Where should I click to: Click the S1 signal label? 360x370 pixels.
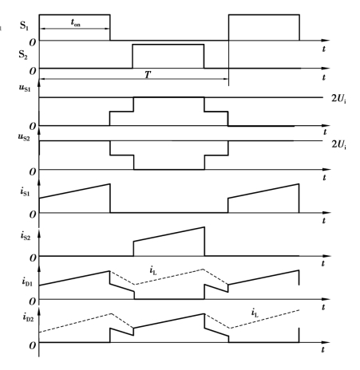point(24,26)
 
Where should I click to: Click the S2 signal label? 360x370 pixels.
point(23,55)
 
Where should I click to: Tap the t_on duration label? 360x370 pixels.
point(75,23)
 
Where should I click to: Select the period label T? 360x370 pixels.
point(148,75)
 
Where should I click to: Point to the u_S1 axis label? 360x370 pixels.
point(25,88)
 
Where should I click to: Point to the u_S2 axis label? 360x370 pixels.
point(24,137)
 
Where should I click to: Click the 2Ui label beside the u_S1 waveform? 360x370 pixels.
point(338,99)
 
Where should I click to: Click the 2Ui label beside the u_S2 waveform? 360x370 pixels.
point(338,144)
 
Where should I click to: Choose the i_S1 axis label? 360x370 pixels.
point(25,191)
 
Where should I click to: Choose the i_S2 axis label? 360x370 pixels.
point(26,235)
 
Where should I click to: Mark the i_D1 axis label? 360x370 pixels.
point(27,281)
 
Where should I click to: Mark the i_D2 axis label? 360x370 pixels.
point(28,317)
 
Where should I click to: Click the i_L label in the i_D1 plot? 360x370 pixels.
point(153,271)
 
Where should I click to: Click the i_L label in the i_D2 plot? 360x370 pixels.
point(255,313)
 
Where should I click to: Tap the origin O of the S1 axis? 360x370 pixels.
point(32,42)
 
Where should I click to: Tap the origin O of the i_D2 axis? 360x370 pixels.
point(32,345)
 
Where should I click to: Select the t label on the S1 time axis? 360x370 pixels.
point(324,49)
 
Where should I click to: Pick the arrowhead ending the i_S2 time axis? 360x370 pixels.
point(326,256)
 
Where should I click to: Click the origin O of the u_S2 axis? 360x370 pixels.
point(32,172)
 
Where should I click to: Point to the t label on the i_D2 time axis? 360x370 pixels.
point(323,349)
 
